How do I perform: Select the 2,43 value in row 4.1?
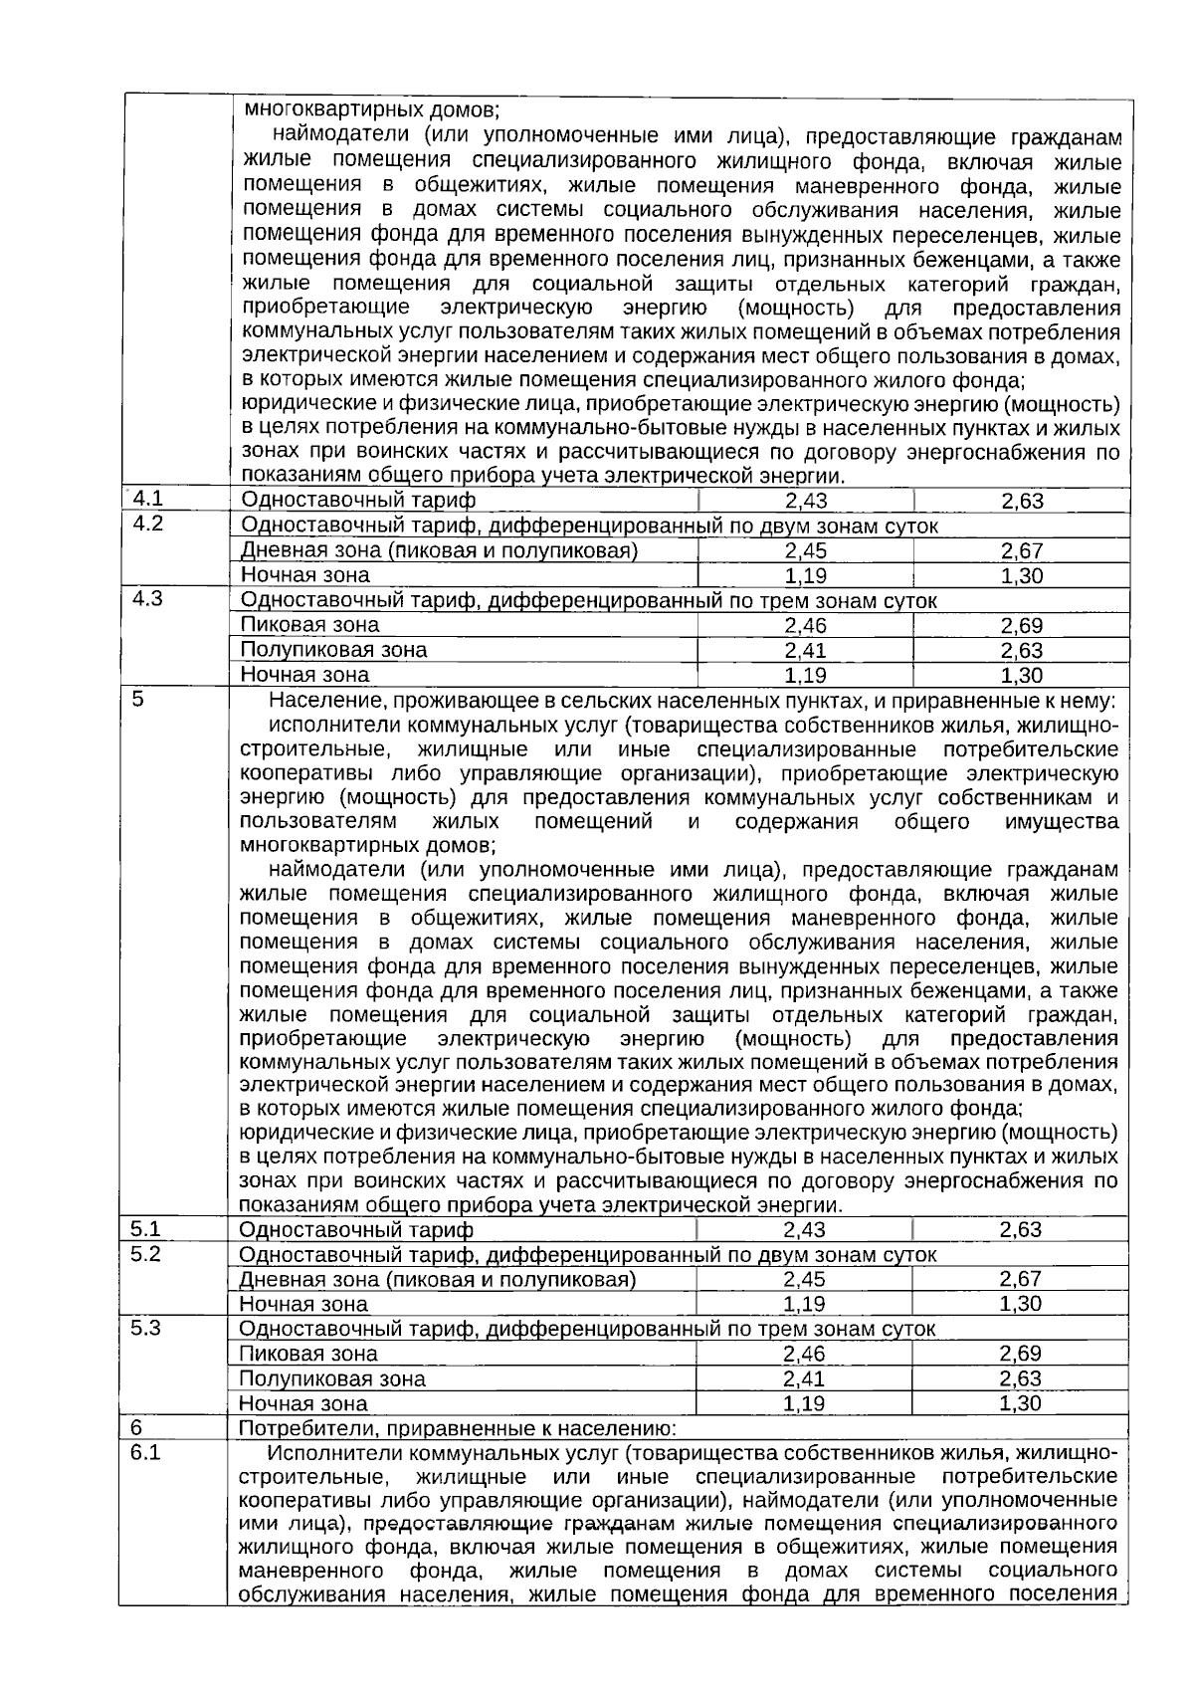805,501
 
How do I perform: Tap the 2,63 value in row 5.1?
1020,1229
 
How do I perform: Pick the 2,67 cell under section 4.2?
1022,551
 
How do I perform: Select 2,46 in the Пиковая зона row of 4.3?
805,626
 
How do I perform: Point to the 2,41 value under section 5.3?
804,1378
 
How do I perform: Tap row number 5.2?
145,1253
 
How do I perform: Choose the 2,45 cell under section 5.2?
804,1279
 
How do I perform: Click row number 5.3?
145,1328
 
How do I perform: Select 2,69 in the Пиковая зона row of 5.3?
1020,1354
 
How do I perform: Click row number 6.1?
145,1452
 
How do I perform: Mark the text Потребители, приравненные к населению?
459,1429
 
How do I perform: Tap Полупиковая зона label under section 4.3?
334,650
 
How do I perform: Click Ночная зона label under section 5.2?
303,1304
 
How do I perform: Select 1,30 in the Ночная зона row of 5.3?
1020,1403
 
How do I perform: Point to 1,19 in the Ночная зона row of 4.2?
805,576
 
